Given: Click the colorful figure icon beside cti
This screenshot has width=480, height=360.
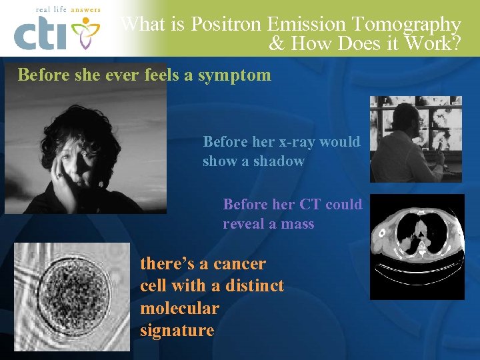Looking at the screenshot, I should tap(85, 33).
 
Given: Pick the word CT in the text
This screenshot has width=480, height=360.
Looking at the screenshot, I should tap(309, 204).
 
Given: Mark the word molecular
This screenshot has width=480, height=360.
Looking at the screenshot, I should tap(179, 309).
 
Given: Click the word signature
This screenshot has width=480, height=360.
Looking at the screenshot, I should tap(177, 331).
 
